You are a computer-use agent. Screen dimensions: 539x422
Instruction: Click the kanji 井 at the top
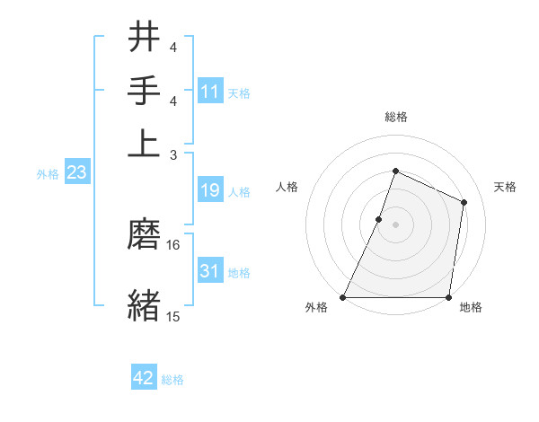(144, 38)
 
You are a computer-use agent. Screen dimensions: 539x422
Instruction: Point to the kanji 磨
(144, 234)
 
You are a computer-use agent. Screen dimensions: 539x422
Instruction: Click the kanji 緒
(144, 304)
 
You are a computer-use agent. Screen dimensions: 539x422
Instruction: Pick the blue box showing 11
(210, 92)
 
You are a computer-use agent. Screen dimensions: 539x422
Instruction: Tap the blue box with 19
(210, 190)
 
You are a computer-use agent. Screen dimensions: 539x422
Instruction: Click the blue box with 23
(76, 173)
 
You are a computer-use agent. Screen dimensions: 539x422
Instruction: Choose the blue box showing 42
(144, 378)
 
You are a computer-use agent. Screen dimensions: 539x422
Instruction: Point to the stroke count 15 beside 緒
(173, 316)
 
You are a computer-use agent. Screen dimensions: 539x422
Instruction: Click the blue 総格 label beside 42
(172, 380)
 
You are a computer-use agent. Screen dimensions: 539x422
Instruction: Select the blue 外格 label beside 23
(48, 174)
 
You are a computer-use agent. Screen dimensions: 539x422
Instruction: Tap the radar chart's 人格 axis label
(287, 187)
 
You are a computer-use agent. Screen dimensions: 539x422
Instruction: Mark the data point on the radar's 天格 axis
(464, 202)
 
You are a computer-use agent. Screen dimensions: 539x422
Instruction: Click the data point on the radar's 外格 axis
(343, 297)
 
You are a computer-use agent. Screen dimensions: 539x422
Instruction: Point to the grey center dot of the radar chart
(395, 224)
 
